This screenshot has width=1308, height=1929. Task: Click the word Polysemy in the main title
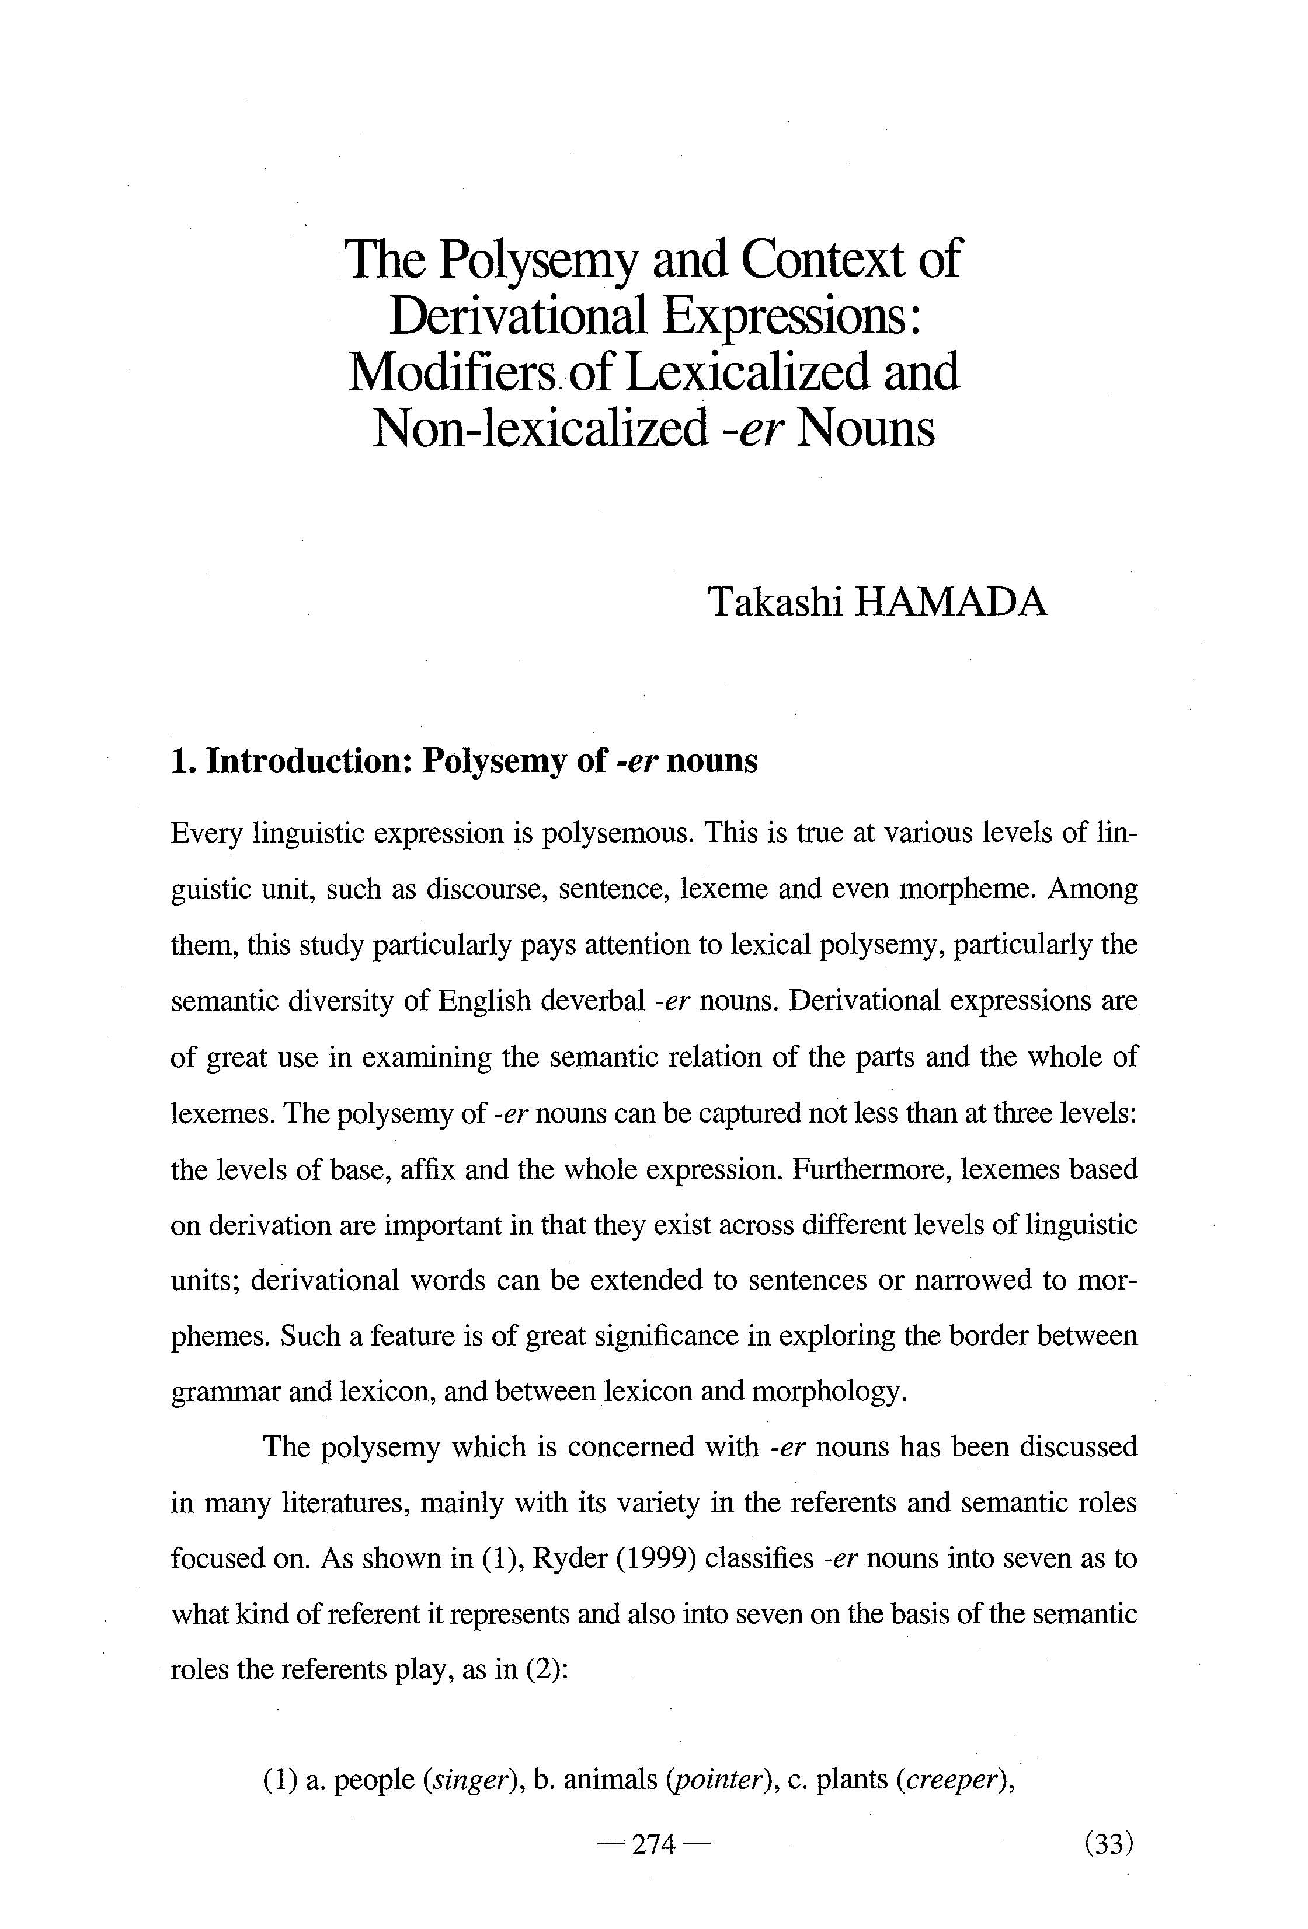(x=538, y=260)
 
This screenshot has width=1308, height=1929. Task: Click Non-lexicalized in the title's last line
(x=539, y=428)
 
